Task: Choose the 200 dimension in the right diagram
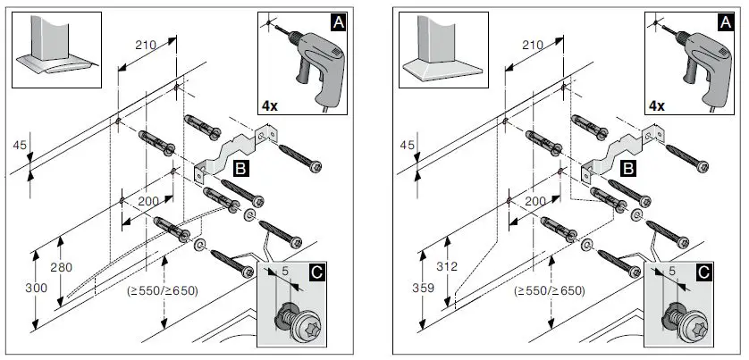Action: coord(535,202)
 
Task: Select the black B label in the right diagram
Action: coord(628,167)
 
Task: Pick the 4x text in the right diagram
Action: coord(657,105)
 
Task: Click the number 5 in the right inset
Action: coord(671,269)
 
